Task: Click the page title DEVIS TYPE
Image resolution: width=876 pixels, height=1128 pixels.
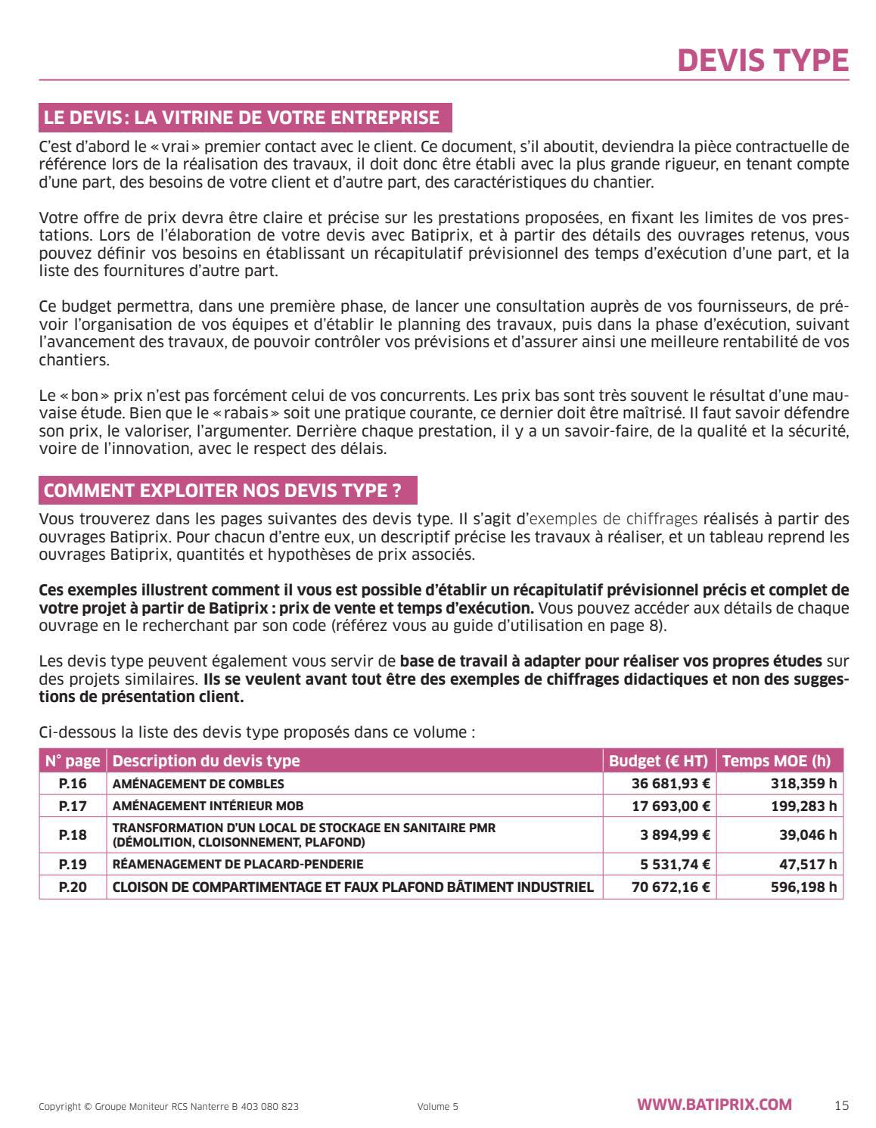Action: point(763,61)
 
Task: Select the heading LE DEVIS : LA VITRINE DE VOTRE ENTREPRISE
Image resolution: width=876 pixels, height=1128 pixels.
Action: point(241,117)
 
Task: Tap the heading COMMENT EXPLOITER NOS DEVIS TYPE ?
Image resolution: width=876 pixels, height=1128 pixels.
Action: point(222,490)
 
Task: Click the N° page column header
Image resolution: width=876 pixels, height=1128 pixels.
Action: point(73,761)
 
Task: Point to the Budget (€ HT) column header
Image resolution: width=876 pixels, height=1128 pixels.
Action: point(658,761)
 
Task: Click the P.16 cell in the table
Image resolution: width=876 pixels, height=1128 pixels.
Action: point(73,784)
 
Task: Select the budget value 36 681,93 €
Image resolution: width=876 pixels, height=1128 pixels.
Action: point(670,784)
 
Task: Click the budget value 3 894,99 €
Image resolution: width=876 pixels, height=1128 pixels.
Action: point(676,835)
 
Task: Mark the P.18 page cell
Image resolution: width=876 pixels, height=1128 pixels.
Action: point(73,835)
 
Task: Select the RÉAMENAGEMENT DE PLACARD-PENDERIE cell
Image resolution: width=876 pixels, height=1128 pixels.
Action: point(238,864)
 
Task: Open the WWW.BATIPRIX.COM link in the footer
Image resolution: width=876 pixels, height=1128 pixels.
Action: point(714,1105)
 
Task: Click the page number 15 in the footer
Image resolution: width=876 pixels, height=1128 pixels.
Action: point(841,1105)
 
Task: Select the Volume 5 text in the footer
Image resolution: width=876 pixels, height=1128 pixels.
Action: point(437,1106)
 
